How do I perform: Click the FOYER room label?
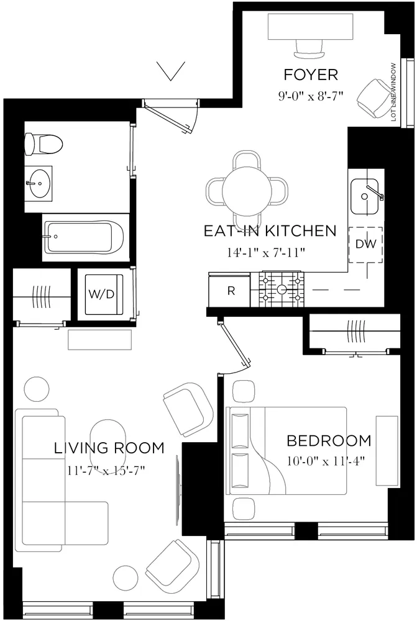[311, 75]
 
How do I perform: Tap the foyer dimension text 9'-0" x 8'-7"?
[311, 96]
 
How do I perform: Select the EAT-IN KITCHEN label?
[270, 232]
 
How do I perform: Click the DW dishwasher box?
[365, 244]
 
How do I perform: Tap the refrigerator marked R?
[231, 291]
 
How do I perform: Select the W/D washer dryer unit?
[102, 294]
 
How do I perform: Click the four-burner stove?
[283, 289]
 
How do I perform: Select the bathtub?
[85, 235]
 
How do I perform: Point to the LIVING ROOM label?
[109, 448]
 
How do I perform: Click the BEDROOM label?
[328, 441]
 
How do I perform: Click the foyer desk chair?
[308, 47]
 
